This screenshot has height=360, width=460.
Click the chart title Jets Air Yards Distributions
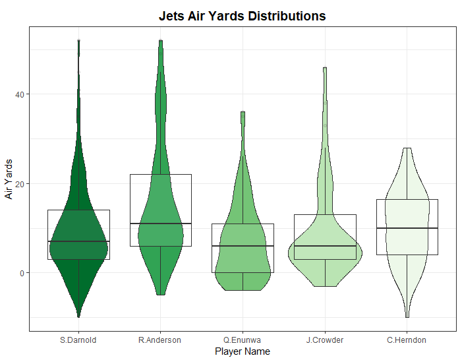(x=242, y=16)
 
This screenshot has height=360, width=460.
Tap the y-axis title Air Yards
(x=9, y=178)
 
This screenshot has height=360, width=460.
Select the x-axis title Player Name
(x=242, y=351)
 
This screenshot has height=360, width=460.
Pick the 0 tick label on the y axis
(x=22, y=273)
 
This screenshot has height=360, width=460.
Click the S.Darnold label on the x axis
(x=78, y=340)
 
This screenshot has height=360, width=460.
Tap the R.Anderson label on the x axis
(x=160, y=340)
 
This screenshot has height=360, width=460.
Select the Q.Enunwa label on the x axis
(x=243, y=340)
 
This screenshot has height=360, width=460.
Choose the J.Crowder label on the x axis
(x=325, y=340)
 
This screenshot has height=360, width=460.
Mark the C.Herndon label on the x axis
(x=407, y=340)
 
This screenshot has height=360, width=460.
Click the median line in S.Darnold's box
(x=78, y=241)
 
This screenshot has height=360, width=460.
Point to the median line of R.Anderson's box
(x=160, y=224)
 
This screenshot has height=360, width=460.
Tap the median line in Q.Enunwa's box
(x=243, y=246)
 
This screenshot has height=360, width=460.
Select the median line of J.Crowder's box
(x=325, y=246)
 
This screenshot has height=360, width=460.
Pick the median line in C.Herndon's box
(x=407, y=228)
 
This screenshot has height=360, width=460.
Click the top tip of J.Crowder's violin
(x=325, y=68)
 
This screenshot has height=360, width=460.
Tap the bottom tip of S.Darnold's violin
(x=78, y=317)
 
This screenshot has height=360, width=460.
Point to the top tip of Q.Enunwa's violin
(x=243, y=112)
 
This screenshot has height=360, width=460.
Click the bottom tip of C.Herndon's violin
(x=407, y=317)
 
